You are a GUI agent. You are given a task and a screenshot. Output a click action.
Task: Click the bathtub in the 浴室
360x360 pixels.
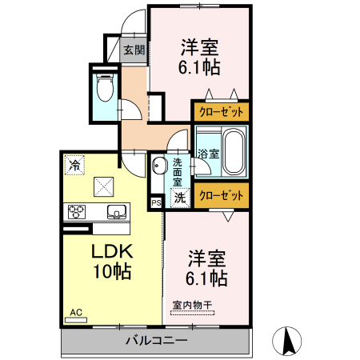point(234,150)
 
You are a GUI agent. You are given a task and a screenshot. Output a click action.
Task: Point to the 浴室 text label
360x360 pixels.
point(207,152)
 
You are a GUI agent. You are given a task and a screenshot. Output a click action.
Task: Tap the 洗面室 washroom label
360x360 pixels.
point(177,170)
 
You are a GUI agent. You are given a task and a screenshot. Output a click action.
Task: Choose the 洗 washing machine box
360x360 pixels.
point(180,197)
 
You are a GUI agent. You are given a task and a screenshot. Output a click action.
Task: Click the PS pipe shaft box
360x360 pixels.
point(156,202)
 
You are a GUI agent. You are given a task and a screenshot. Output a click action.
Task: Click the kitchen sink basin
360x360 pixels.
point(116,212)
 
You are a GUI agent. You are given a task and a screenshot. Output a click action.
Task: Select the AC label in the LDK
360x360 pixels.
point(76,312)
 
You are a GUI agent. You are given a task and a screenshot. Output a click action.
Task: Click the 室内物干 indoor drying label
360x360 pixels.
point(192,304)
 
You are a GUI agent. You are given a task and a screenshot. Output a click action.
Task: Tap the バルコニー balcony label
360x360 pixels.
point(156,341)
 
